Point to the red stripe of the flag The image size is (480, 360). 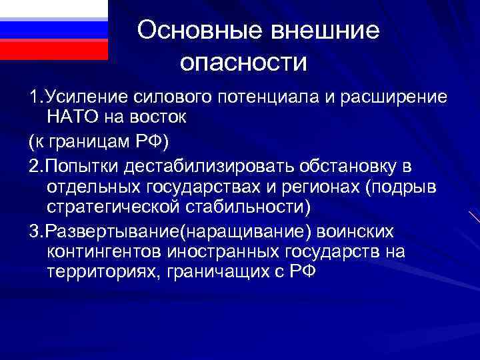point(53,50)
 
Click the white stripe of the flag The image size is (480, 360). point(53,9)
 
